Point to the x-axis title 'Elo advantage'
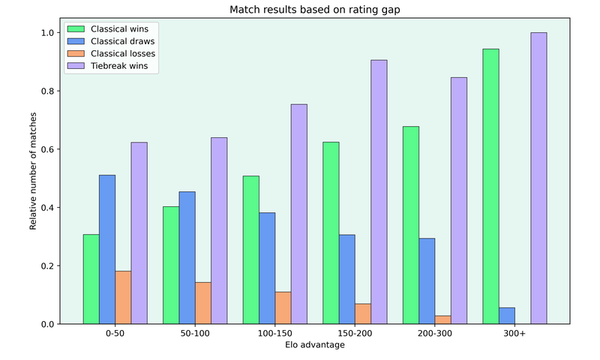tap(315, 346)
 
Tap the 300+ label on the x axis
tap(514, 334)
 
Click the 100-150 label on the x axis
tap(275, 334)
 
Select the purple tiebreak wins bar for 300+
tap(538, 178)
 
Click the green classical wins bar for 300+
tap(490, 187)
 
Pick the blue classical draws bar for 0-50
tap(107, 250)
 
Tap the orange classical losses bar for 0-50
tap(123, 298)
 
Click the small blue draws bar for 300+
tap(506, 316)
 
